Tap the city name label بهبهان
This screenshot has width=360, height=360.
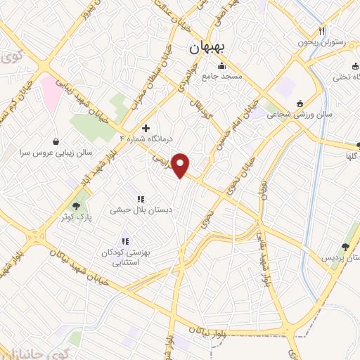pyautogui.click(x=207, y=49)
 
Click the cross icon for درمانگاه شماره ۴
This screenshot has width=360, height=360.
pyautogui.click(x=146, y=128)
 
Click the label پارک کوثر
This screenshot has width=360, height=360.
pyautogui.click(x=96, y=217)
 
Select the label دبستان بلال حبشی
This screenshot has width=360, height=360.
pyautogui.click(x=139, y=210)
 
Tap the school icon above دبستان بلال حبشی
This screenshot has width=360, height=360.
pyautogui.click(x=139, y=199)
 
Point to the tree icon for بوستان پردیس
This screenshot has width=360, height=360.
pyautogui.click(x=345, y=246)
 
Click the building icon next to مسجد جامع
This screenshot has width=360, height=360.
pyautogui.click(x=222, y=66)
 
